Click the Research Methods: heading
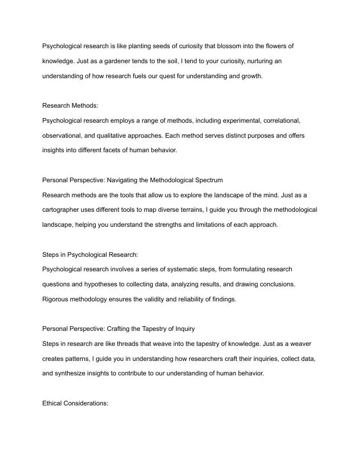(x=70, y=106)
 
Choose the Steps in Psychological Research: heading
(x=90, y=255)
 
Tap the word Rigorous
(x=55, y=299)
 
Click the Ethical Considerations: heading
(x=75, y=403)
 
